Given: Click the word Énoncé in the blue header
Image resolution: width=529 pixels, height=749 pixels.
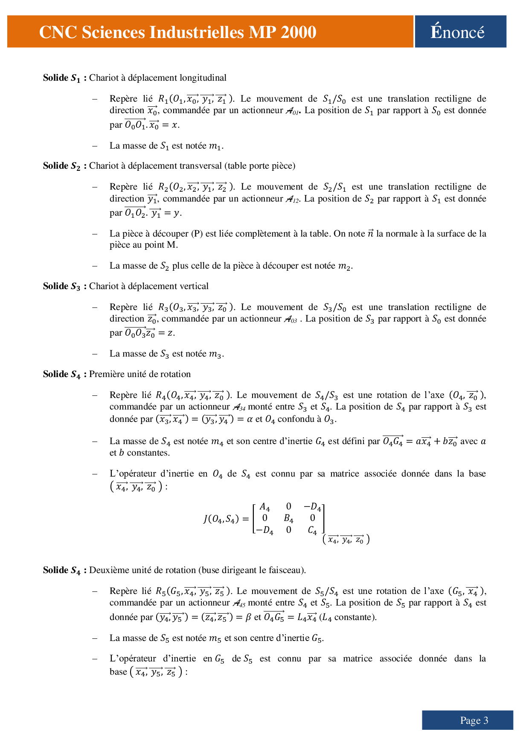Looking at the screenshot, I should click(457, 32).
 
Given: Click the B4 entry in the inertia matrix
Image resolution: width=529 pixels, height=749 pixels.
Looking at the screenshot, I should click(288, 518).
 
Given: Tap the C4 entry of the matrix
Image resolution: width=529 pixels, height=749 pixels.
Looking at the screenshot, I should click(312, 530).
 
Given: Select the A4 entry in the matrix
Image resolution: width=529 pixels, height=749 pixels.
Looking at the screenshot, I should click(264, 507).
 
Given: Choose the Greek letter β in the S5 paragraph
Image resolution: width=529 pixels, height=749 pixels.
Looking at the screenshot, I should click(248, 617).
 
